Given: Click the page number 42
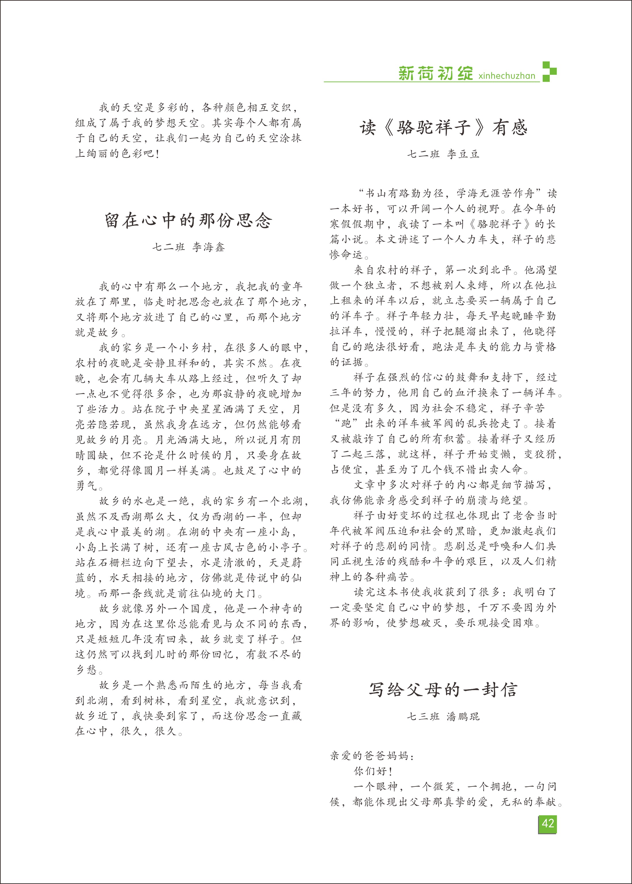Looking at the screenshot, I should point(548,824).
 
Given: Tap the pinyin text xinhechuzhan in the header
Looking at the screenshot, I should point(507,76).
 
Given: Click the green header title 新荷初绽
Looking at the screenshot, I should point(435,73).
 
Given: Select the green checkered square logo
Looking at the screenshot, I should point(549,72).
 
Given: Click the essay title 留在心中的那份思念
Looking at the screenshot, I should point(188,220).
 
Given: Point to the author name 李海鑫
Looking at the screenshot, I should point(209,247).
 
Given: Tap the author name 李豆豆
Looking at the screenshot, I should point(463,154).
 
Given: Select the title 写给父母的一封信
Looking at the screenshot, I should point(443,689).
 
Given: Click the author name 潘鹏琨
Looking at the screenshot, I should point(463,716).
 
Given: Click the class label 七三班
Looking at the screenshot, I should point(423,716).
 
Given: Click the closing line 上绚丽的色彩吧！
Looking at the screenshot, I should point(117,153).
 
